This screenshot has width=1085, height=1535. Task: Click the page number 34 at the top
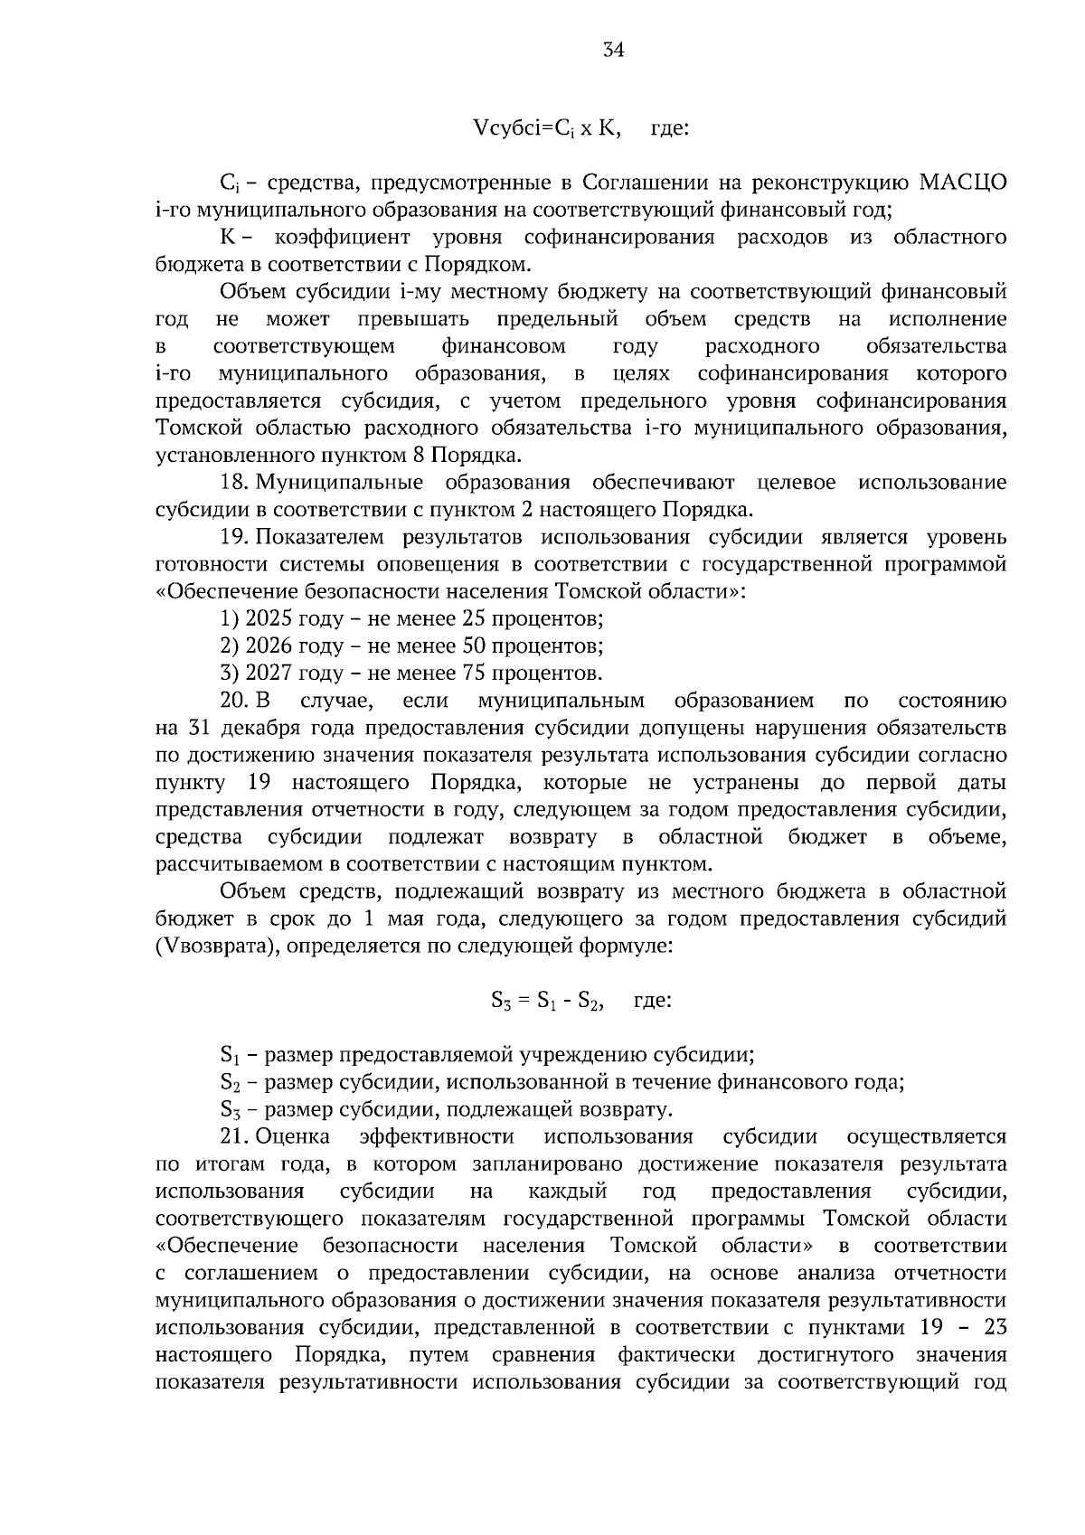[614, 51]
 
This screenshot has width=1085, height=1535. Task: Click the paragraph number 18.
[234, 483]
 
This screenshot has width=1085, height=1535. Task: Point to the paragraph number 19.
[234, 538]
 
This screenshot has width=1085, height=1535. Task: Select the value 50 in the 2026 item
[476, 646]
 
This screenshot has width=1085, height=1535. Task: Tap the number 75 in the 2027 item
[476, 673]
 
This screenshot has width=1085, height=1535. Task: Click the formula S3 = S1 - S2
[548, 1001]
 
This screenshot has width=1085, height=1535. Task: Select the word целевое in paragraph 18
[796, 483]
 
